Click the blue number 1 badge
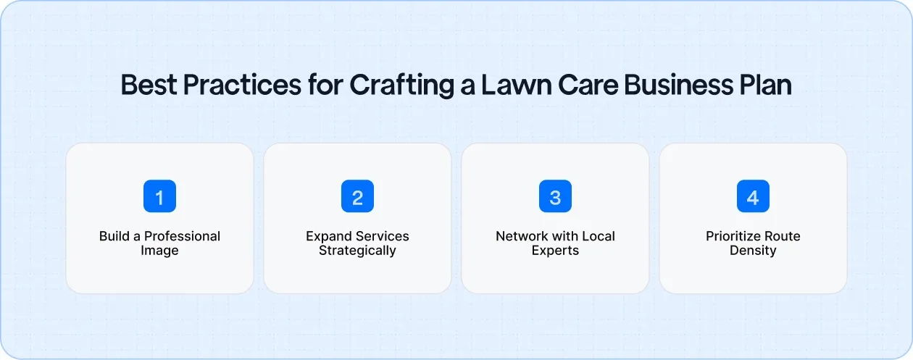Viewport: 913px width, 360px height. pos(159,196)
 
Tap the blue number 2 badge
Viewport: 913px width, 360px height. pos(357,196)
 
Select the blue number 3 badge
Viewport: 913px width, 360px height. pos(555,196)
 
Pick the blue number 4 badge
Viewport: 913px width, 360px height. pos(753,196)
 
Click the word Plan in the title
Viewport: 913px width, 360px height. pos(767,85)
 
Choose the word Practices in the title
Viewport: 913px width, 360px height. pos(241,85)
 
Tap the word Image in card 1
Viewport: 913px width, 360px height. pos(159,251)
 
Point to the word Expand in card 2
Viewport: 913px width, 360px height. pos(328,236)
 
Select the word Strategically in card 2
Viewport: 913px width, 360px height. pos(357,251)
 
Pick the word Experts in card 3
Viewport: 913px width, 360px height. pos(555,251)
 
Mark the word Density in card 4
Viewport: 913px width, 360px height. pos(753,251)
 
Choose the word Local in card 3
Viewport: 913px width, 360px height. pos(598,236)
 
